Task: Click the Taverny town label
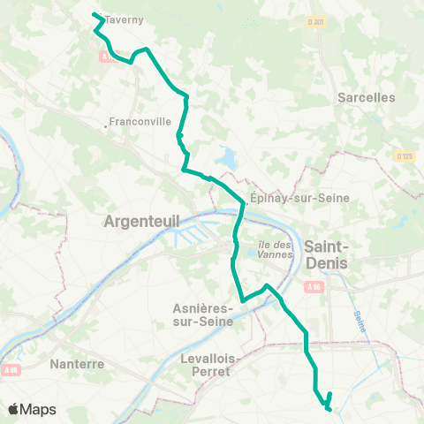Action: click(125, 19)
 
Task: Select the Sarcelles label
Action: click(366, 98)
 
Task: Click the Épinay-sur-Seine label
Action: click(289, 198)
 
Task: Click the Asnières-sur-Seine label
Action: click(202, 315)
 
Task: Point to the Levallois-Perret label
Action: click(204, 365)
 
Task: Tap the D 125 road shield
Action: click(405, 155)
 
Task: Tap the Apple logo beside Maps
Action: click(14, 409)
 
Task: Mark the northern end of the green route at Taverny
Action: click(95, 13)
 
